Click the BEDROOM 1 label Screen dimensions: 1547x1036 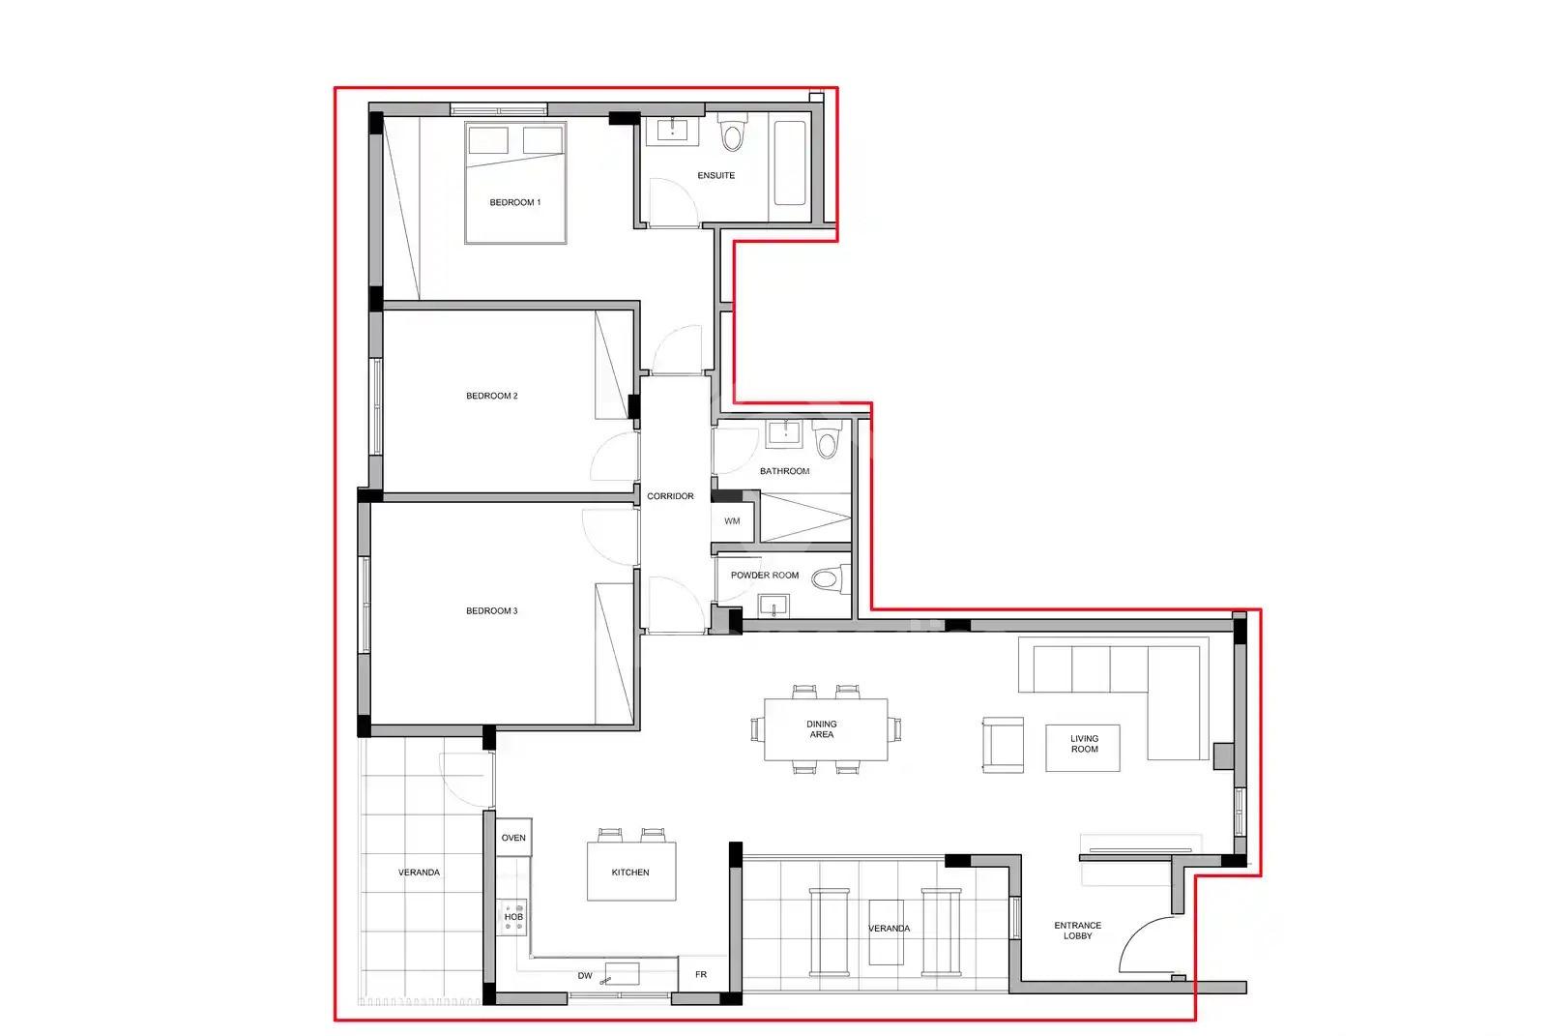tap(515, 202)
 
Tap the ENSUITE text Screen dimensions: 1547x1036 tap(716, 175)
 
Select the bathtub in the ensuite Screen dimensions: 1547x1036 tap(790, 163)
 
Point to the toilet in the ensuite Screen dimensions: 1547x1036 tap(732, 132)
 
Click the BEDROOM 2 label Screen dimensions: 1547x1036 tap(492, 396)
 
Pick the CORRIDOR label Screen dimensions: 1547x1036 tap(670, 496)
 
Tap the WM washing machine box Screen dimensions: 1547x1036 tap(732, 521)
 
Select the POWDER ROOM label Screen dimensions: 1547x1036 tap(765, 575)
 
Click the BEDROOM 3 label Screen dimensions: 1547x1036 tap(492, 611)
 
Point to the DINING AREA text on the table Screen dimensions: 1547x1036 tap(821, 729)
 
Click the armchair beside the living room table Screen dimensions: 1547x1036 tap(1003, 744)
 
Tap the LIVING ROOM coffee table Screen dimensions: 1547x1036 tap(1082, 748)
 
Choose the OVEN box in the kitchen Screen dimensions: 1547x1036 tap(513, 837)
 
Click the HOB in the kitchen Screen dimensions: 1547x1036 tap(512, 917)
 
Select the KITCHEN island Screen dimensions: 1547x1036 tap(631, 872)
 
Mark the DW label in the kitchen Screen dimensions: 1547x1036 tap(585, 976)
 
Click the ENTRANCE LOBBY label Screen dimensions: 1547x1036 tap(1077, 931)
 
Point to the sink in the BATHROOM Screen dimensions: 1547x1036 tap(785, 433)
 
